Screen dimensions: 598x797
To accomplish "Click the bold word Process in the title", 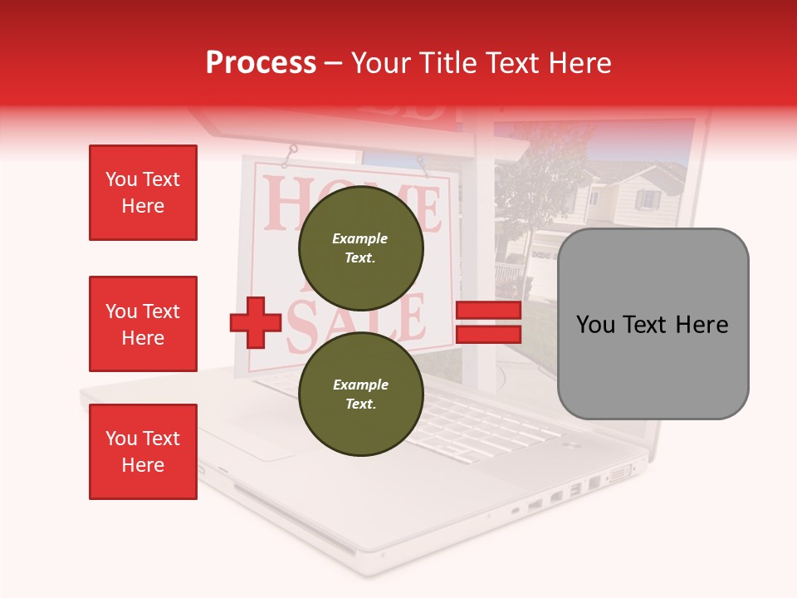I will [261, 63].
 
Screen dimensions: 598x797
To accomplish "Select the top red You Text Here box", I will [143, 193].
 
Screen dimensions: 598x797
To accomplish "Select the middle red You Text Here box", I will [143, 324].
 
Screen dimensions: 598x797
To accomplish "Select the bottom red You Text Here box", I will [143, 452].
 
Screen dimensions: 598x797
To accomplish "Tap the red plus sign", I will [256, 323].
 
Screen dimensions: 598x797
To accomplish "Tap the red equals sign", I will [488, 323].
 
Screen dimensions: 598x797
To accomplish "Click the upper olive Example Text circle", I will [360, 248].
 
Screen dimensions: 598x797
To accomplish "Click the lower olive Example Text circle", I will [360, 395].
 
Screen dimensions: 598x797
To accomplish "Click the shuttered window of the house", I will [648, 200].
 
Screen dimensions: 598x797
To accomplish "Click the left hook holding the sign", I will [291, 152].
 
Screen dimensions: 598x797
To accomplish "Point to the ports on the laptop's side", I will [573, 493].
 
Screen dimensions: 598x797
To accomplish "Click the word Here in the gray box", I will [702, 325].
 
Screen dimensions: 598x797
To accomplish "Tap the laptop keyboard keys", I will [465, 424].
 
